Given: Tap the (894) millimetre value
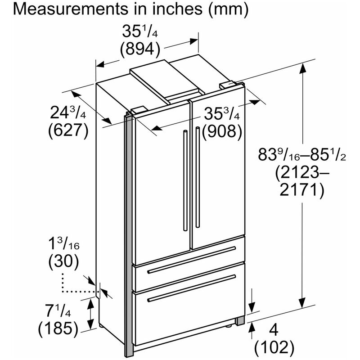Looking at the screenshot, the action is [140, 49].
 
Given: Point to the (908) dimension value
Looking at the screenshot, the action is [222, 132].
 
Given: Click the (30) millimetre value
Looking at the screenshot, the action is [63, 261].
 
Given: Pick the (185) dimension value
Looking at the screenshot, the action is [58, 329].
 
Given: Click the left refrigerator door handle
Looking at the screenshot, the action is [185, 180].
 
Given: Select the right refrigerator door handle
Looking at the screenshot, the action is [198, 177].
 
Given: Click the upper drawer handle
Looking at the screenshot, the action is [192, 260].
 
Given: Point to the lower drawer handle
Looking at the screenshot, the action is [192, 288].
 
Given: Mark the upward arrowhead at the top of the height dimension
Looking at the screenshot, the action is [302, 69].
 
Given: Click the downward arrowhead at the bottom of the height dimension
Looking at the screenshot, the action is [302, 302].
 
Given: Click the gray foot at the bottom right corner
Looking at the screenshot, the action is [240, 321].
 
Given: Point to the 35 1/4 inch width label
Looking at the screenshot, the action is [140, 31].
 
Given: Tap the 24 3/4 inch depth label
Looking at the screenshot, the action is [68, 113].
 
